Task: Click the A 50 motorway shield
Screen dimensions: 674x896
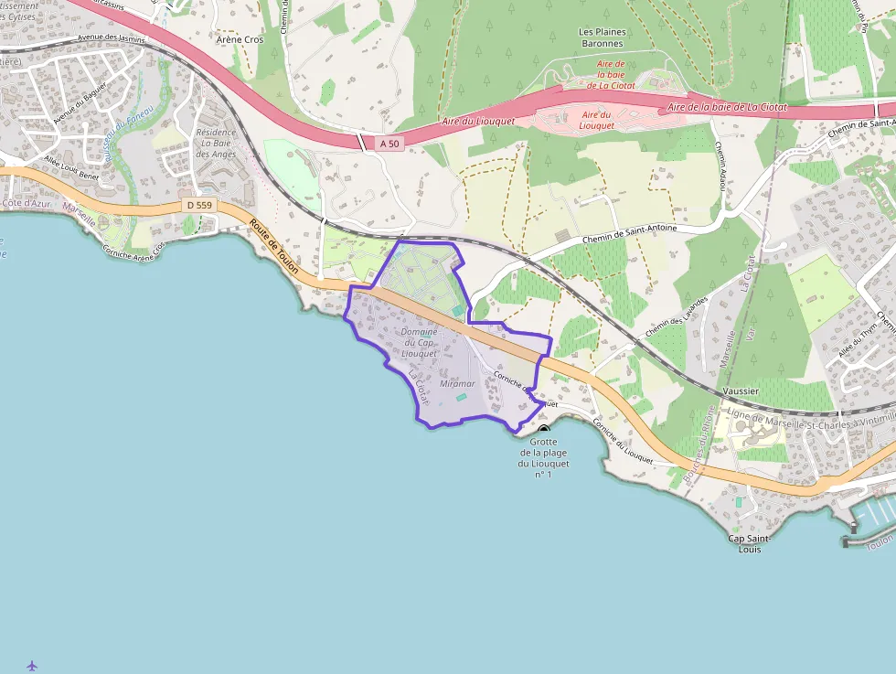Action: (389, 144)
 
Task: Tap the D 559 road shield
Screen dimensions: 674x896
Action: (198, 206)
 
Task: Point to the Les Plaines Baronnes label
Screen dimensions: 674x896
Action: (602, 37)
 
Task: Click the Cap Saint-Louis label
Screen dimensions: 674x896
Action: (750, 544)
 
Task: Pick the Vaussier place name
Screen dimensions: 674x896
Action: (740, 390)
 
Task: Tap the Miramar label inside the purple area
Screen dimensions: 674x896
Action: (458, 384)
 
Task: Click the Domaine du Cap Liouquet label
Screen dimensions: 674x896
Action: (420, 342)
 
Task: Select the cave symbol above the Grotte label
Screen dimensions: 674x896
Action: (544, 428)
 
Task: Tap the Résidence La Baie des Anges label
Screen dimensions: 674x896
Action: (216, 143)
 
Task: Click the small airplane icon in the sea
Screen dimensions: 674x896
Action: (33, 665)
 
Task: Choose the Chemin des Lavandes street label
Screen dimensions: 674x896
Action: (677, 316)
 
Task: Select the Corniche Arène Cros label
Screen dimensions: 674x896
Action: (133, 251)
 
